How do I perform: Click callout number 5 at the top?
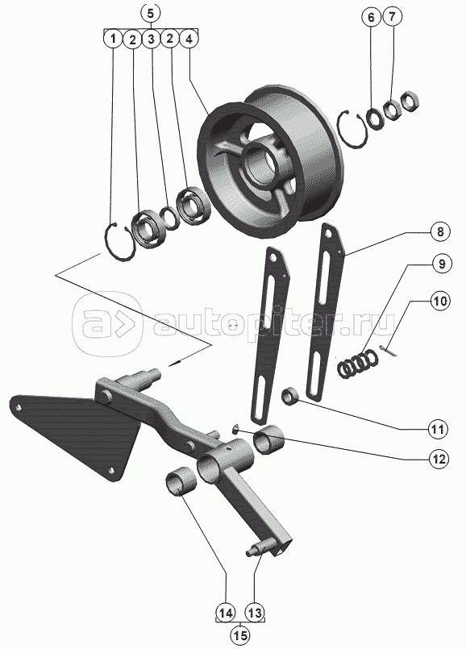pyautogui.click(x=150, y=12)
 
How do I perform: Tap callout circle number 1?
pyautogui.click(x=113, y=40)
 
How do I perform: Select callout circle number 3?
pyautogui.click(x=151, y=40)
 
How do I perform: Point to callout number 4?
pyautogui.click(x=189, y=40)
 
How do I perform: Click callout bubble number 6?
pyautogui.click(x=370, y=17)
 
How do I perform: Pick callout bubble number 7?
pyautogui.click(x=393, y=17)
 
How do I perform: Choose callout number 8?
pyautogui.click(x=439, y=231)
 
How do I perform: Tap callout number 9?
pyautogui.click(x=442, y=264)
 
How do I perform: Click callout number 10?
pyautogui.click(x=440, y=301)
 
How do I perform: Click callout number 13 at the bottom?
pyautogui.click(x=256, y=613)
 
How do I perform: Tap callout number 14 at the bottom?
pyautogui.click(x=225, y=613)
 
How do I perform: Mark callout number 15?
pyautogui.click(x=240, y=635)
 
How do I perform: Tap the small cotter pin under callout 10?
pyautogui.click(x=389, y=351)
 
